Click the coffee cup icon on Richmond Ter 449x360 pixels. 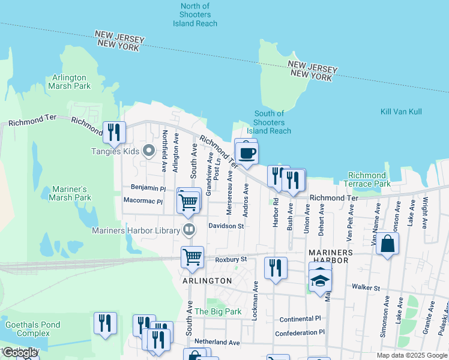click(x=247, y=153)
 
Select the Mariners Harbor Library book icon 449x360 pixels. click(x=188, y=230)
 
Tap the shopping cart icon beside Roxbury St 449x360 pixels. click(x=192, y=257)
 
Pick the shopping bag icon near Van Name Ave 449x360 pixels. click(x=388, y=244)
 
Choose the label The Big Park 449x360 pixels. click(x=218, y=311)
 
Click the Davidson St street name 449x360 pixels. click(x=226, y=226)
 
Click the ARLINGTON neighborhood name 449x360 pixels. click(x=206, y=280)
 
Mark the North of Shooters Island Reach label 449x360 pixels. click(x=195, y=15)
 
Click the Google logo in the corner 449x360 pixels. click(x=20, y=353)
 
